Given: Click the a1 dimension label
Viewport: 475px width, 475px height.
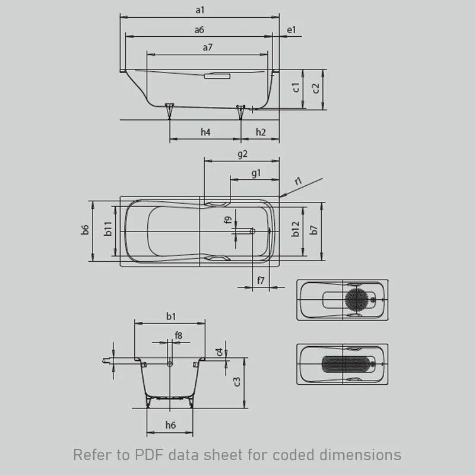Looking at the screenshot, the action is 200,10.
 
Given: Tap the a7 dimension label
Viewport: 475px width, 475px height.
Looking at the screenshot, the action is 207,47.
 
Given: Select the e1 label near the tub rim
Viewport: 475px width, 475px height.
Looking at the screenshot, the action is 291,30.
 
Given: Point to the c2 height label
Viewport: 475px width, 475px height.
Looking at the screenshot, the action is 316,88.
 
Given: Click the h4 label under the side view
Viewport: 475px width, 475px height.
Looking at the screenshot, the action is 205,132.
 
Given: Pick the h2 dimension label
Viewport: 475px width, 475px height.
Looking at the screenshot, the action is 261,132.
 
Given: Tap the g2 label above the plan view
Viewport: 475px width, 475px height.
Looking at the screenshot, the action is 242,154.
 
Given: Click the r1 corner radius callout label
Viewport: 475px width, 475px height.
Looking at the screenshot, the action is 299,181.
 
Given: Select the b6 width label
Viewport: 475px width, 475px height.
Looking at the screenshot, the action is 85,230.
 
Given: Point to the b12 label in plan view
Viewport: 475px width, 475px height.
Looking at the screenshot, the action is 295,229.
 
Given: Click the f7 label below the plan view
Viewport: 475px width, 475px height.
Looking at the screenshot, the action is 261,280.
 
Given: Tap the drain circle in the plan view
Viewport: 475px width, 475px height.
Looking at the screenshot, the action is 252,231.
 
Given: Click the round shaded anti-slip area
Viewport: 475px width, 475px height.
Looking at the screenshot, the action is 357,299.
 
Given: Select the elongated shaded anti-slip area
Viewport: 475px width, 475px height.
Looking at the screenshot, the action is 346,364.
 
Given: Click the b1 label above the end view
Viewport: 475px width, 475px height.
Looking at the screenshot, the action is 171,316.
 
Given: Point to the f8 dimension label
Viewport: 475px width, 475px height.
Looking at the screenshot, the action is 179,335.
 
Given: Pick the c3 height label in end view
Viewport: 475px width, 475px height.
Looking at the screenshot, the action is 237,382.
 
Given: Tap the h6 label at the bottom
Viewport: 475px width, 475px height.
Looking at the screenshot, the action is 170,425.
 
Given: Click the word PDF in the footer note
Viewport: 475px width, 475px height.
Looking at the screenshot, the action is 149,455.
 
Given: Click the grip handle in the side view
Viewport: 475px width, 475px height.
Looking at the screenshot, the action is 217,76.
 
